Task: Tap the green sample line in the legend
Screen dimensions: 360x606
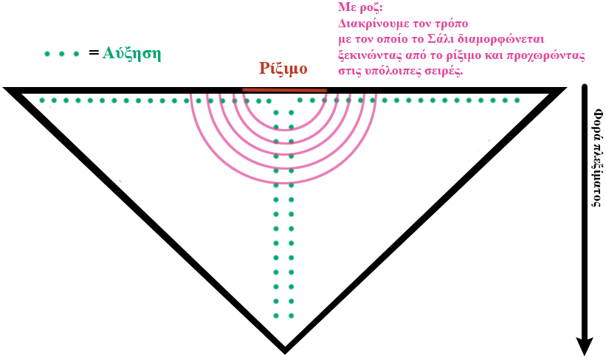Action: (x=62, y=54)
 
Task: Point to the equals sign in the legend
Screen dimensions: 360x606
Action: (x=92, y=54)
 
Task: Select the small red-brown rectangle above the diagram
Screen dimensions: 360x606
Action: (x=282, y=69)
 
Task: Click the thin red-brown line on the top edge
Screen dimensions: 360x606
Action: (x=284, y=90)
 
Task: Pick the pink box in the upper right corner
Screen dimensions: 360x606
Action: (x=458, y=38)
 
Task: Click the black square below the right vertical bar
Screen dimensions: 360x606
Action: (x=585, y=345)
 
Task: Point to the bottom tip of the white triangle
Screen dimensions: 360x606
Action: (x=285, y=344)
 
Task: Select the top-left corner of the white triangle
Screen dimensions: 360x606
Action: (x=24, y=94)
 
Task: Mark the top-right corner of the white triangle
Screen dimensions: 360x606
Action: (x=548, y=94)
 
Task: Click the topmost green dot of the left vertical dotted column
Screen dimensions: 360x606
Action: (x=277, y=113)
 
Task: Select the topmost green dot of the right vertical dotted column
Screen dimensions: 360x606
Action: (x=292, y=113)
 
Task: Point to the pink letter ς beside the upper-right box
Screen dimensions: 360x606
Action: (x=582, y=58)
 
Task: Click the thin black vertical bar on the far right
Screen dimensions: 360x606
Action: (x=585, y=207)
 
